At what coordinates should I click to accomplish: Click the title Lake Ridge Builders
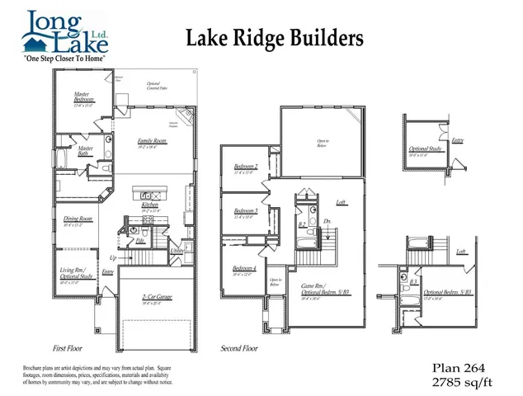[x=273, y=38]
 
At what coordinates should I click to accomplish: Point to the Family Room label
[x=153, y=142]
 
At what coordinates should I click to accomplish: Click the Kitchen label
[x=149, y=205]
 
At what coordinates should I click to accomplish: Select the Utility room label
[x=177, y=250]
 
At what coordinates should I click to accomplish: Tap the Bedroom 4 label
[x=244, y=269]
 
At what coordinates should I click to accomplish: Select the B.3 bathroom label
[x=412, y=282]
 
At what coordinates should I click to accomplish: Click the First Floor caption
[x=70, y=348]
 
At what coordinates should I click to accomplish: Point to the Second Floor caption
[x=239, y=348]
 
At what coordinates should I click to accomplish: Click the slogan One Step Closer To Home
[x=66, y=60]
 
